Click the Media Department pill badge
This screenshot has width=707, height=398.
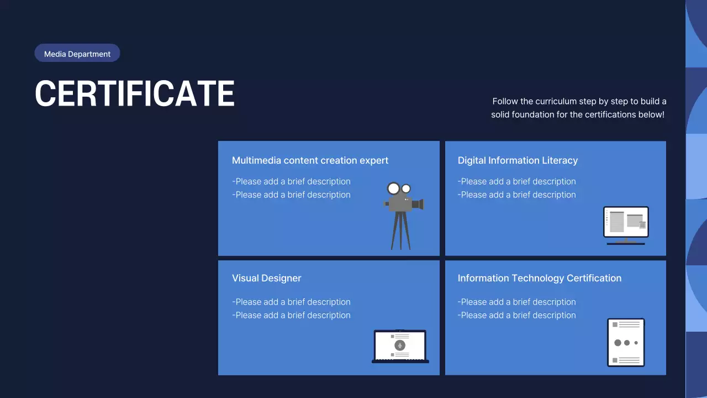pos(77,54)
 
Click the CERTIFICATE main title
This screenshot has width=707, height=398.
pos(135,93)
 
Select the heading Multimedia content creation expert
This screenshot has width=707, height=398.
pos(310,160)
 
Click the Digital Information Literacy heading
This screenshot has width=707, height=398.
pos(518,160)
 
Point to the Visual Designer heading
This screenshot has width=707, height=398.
pos(266,278)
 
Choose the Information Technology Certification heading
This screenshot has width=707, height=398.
pos(539,278)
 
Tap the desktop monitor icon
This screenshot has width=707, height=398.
pos(626,224)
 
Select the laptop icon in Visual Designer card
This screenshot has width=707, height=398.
pos(400,346)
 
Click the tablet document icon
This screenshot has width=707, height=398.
pos(626,342)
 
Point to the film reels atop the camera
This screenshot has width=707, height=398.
pos(399,188)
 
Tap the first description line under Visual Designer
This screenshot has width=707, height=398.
pos(291,302)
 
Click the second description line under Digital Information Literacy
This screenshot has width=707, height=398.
pos(516,195)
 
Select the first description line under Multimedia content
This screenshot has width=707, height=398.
pos(291,181)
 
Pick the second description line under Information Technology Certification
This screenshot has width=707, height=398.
pos(516,315)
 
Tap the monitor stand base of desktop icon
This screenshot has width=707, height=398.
pos(626,243)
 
